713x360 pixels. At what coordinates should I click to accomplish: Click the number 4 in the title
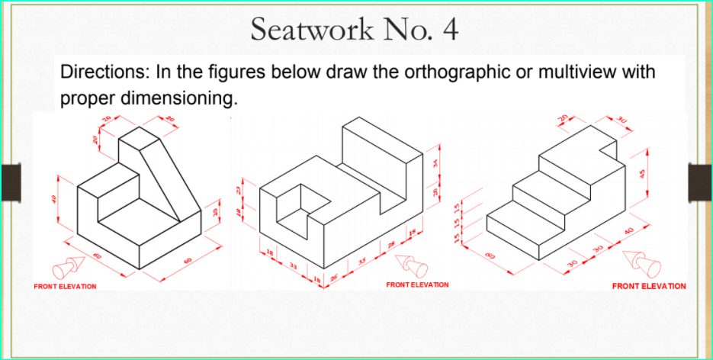tap(450, 30)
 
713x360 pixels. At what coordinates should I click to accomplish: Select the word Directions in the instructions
tap(104, 75)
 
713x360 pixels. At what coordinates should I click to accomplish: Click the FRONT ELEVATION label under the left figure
tap(66, 286)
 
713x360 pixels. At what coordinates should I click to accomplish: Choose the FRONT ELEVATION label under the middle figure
tap(417, 284)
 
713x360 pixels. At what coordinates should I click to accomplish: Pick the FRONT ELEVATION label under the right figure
tap(649, 286)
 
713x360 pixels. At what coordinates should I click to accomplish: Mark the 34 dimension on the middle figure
tap(436, 162)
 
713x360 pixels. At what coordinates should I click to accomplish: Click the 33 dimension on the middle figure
tap(294, 265)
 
